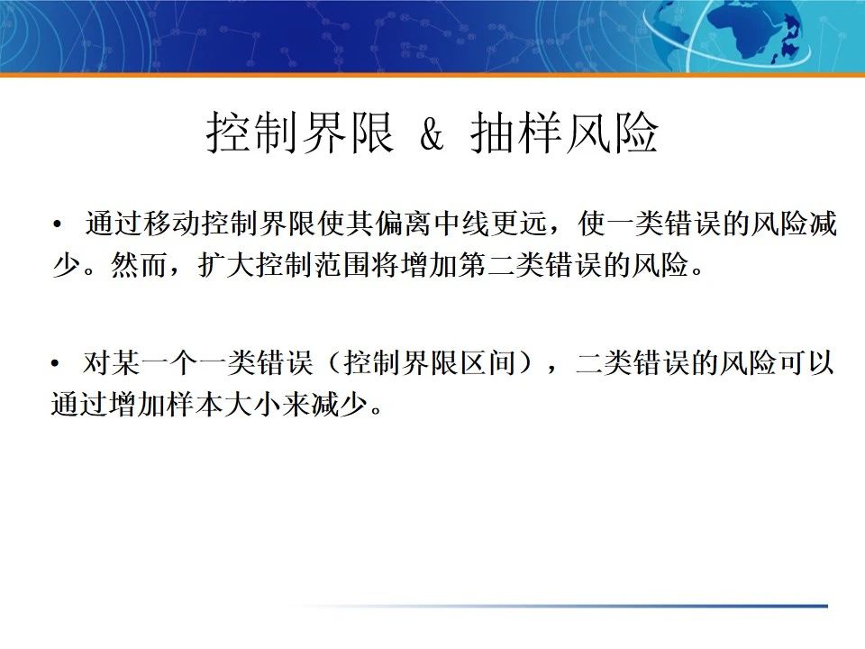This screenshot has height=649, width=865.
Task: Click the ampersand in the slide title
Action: pos(432,135)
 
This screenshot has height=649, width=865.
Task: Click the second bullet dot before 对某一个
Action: pos(58,365)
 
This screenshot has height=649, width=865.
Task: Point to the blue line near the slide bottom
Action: pos(631,606)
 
